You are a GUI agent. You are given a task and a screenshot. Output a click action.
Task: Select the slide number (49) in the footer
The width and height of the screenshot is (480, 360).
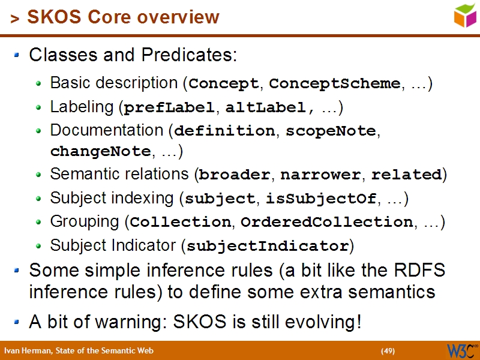pos(388,351)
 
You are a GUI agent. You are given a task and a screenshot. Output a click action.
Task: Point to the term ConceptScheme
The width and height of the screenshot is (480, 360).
pos(334,83)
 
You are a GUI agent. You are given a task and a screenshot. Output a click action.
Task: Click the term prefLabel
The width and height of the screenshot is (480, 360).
pos(170,108)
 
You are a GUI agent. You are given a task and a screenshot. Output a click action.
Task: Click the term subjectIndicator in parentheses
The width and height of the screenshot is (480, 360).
pos(268,246)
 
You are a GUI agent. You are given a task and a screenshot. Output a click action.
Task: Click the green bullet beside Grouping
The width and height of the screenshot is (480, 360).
pos(39,223)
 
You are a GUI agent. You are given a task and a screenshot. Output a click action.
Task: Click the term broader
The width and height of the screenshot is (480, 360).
pos(235,175)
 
